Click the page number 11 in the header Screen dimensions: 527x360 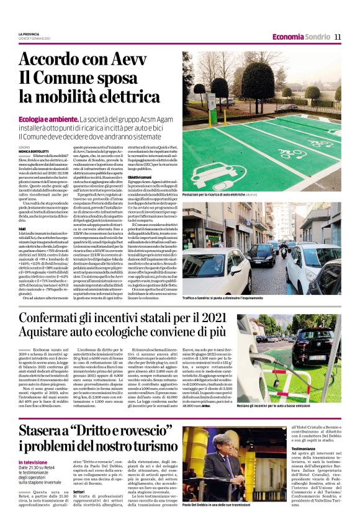pos(338,37)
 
